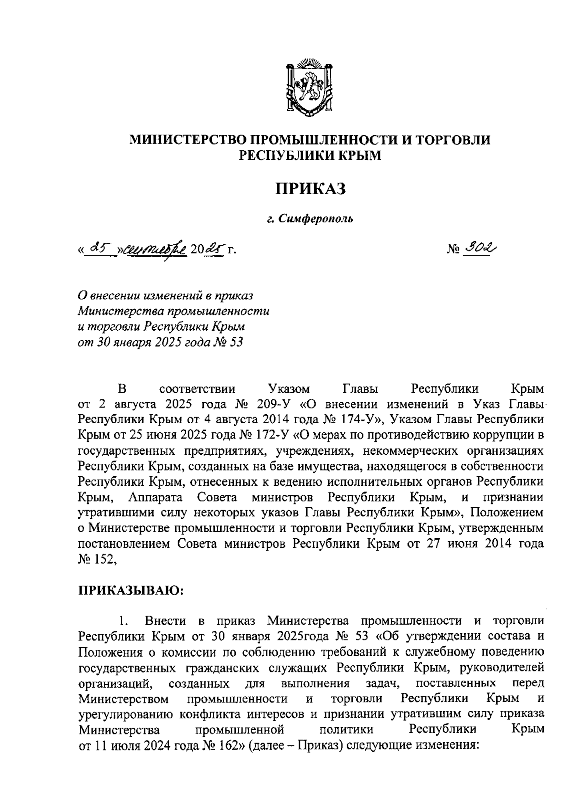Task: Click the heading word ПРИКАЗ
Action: point(310,189)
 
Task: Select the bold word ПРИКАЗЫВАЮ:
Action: point(131,591)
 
